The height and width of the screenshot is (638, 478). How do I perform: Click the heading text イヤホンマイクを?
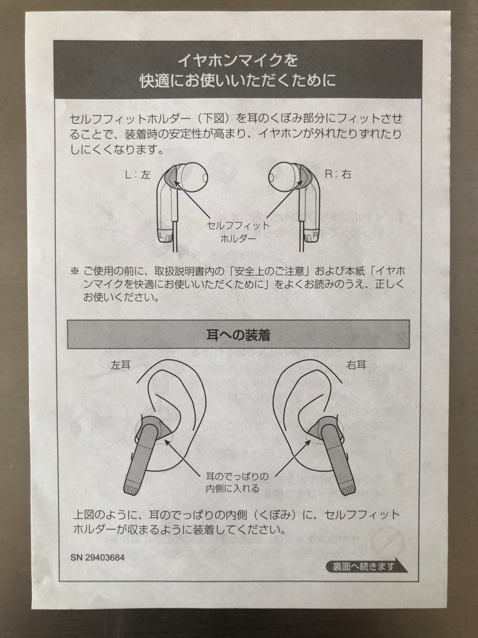(238, 60)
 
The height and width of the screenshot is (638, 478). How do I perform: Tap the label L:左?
(137, 175)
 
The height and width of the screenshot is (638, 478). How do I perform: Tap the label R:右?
(338, 174)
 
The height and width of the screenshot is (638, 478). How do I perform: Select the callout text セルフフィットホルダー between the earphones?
(238, 232)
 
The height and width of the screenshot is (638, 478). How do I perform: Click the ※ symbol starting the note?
(74, 272)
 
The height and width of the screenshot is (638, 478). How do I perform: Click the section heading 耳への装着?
(238, 335)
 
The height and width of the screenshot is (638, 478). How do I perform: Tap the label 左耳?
(120, 365)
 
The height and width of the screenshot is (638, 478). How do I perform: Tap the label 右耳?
(356, 365)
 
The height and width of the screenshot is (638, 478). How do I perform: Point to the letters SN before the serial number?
(77, 557)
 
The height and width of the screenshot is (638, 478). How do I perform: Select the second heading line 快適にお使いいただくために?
(238, 79)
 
